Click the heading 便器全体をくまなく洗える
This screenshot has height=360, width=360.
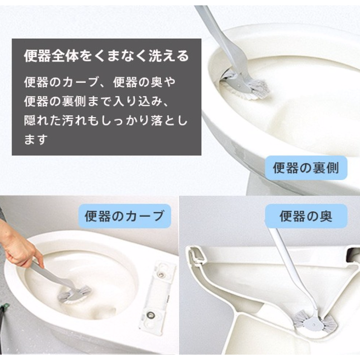pyautogui.click(x=106, y=56)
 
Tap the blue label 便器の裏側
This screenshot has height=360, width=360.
pyautogui.click(x=306, y=168)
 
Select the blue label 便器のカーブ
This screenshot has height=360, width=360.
pyautogui.click(x=125, y=216)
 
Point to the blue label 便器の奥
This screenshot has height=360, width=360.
pyautogui.click(x=306, y=216)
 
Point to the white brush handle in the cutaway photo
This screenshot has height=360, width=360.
pyautogui.click(x=291, y=271)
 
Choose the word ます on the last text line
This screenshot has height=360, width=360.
pyautogui.click(x=36, y=139)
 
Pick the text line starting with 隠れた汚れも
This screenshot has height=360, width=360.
pyautogui.click(x=106, y=120)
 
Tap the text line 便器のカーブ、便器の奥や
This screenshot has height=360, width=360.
pyautogui.click(x=100, y=82)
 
